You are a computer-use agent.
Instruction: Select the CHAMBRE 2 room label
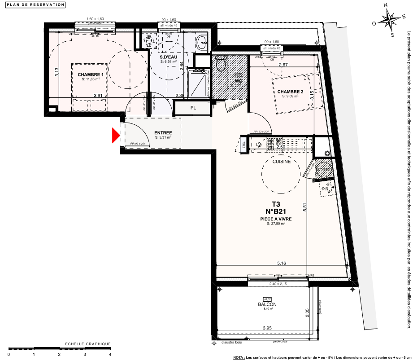point(303,92)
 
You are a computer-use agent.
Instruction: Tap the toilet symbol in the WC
point(233,64)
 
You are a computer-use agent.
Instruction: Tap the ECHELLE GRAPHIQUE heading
point(88,344)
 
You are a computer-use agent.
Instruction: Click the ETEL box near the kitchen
point(257,144)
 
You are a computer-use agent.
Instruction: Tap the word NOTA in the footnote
point(239,357)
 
